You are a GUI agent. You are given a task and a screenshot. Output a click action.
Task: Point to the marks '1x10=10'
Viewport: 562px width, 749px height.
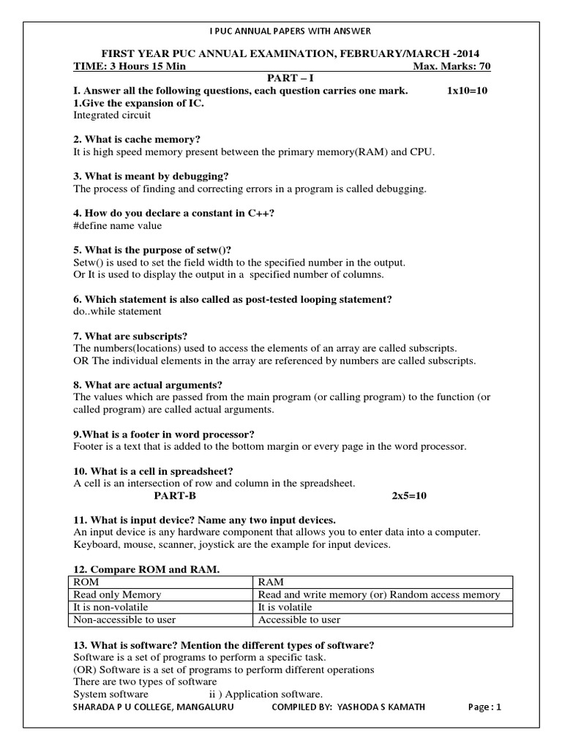tap(466, 91)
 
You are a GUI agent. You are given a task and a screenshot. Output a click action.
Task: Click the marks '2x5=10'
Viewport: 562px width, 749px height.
tap(409, 495)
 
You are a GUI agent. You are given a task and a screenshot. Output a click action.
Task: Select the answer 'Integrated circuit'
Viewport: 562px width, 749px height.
tap(112, 115)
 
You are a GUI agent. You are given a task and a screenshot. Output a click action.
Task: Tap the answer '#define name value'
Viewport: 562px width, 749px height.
tap(118, 226)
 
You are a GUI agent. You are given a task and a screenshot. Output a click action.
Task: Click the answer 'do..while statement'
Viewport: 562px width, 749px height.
tap(117, 311)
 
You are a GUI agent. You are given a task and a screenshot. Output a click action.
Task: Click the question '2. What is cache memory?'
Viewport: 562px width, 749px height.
tap(137, 139)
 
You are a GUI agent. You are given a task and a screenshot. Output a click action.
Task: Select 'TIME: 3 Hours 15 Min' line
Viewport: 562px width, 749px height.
tap(130, 67)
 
